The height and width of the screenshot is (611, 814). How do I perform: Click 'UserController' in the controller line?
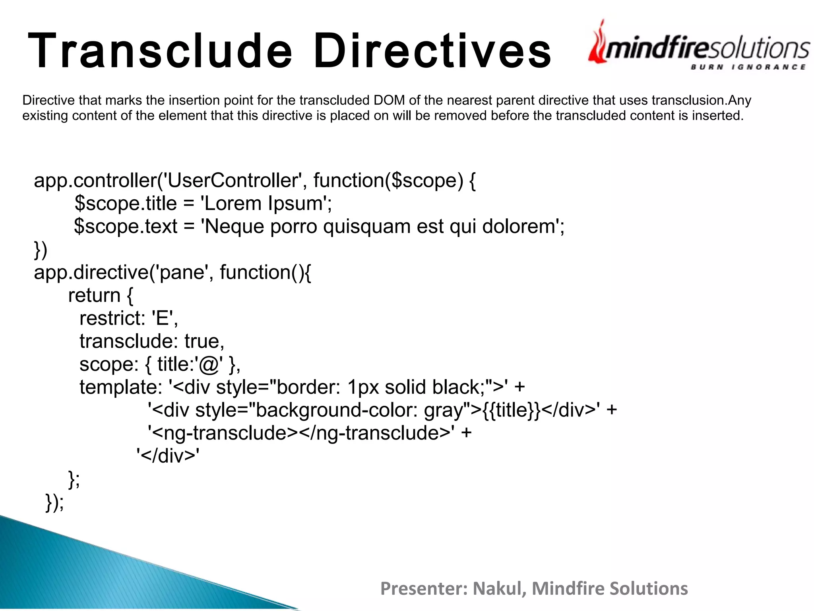pyautogui.click(x=232, y=181)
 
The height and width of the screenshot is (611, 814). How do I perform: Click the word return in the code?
pyautogui.click(x=94, y=296)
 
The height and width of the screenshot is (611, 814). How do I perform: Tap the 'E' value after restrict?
pyautogui.click(x=163, y=319)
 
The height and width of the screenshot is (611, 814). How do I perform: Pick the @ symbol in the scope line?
pyautogui.click(x=209, y=365)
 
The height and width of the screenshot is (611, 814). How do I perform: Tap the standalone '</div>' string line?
pyautogui.click(x=168, y=456)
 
